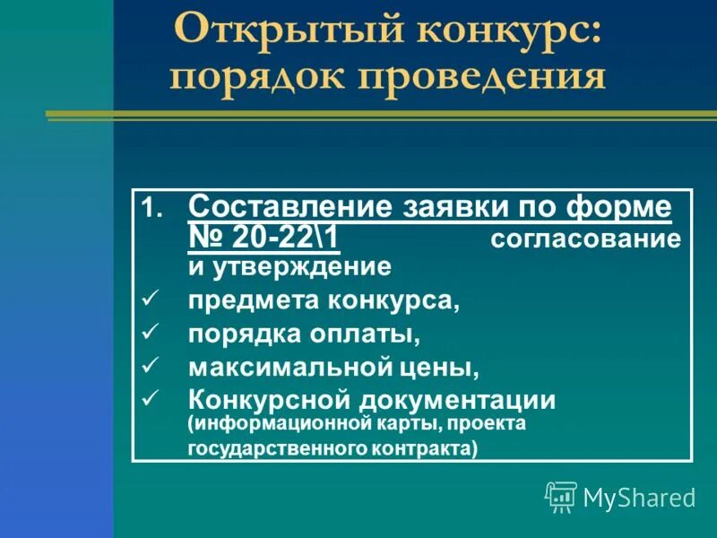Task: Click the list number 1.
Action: [151, 210]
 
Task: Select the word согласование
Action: [585, 240]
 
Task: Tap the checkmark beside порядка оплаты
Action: [150, 333]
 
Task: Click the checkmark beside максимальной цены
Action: [150, 366]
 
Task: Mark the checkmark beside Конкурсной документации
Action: [150, 398]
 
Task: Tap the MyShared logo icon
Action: [561, 496]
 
